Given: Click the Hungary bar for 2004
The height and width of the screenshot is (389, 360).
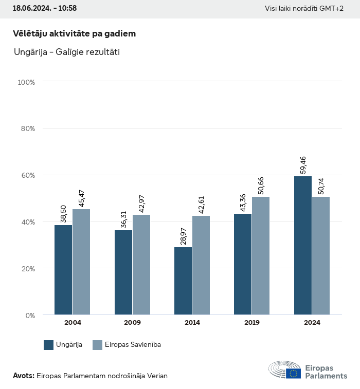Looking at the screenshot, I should click(63, 270).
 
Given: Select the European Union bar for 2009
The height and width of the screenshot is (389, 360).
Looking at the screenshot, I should click(141, 265).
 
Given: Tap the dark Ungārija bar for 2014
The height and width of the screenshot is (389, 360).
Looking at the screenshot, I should click(183, 281).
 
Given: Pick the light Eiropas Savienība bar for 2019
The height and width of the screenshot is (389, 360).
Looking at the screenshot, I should click(261, 255).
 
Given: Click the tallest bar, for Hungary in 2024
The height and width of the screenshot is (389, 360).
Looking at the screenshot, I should click(303, 245).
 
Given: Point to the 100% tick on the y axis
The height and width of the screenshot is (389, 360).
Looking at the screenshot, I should click(26, 82).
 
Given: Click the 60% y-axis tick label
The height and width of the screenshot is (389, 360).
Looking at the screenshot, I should click(28, 175).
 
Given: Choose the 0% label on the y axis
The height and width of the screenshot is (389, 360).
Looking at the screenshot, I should click(30, 315).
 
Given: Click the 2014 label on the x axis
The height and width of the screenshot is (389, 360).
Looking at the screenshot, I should click(192, 323).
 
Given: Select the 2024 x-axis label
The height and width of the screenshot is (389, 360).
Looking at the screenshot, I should click(312, 323).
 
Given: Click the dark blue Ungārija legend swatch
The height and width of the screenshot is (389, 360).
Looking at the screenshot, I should click(49, 345).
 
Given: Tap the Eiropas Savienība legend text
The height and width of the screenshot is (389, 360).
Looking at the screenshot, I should click(133, 345).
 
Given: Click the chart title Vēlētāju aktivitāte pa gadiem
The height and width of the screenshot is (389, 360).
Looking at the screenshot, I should click(74, 34).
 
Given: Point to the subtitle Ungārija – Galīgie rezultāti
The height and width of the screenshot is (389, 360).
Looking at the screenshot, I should click(66, 52).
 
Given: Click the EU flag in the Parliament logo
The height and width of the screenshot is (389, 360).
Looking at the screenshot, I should click(294, 373).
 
